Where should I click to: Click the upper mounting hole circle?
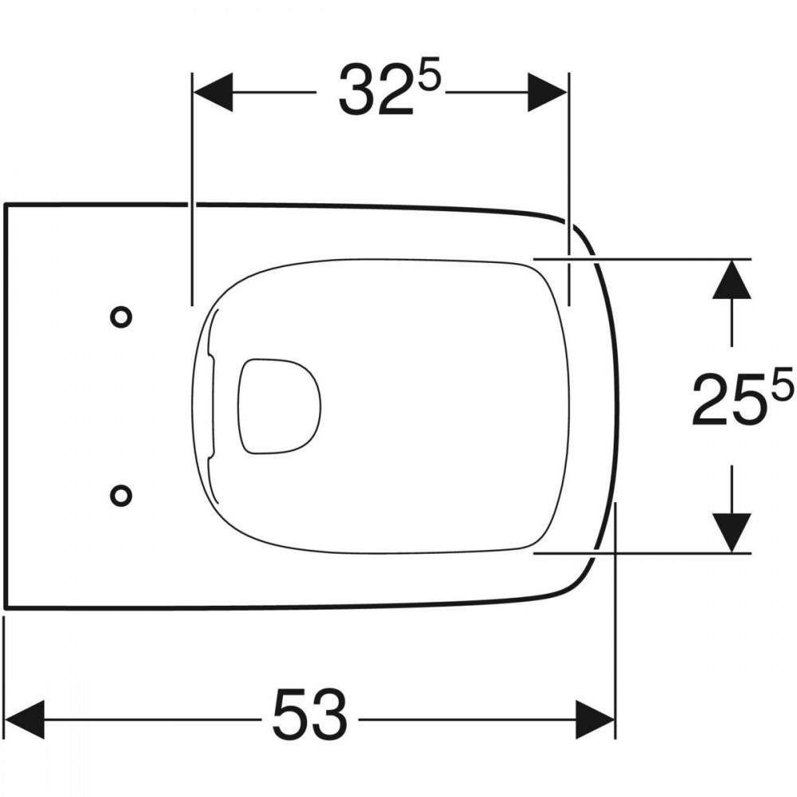121,308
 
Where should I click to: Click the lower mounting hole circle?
121,485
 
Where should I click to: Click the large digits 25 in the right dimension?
729,398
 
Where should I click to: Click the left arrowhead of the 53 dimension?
25,719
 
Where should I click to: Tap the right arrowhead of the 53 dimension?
595,719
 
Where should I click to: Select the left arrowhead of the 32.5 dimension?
213,92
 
